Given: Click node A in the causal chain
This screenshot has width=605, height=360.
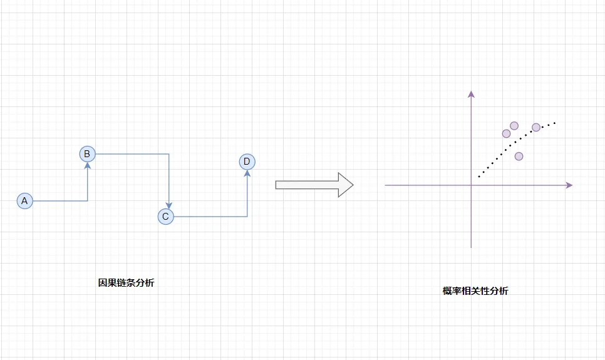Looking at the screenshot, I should click(24, 201).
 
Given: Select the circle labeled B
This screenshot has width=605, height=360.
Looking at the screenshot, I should click(87, 153).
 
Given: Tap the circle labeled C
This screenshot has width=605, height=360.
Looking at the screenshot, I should click(165, 217).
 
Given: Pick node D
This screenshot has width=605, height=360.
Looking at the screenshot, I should click(247, 162).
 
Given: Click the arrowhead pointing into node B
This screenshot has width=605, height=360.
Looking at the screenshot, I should click(87, 165).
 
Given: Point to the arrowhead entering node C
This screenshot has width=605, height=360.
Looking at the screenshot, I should click(169, 205).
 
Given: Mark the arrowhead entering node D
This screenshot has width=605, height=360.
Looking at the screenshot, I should click(247, 174).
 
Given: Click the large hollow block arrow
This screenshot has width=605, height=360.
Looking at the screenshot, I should click(314, 185).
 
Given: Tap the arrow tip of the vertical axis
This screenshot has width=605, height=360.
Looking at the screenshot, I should click(471, 94).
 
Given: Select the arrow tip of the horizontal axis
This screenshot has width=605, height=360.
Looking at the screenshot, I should click(569, 185).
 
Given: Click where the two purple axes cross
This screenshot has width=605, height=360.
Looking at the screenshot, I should click(471, 185).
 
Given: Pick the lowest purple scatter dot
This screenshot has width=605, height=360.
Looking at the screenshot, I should click(519, 156).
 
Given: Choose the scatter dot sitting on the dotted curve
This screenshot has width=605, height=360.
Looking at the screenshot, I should click(536, 127).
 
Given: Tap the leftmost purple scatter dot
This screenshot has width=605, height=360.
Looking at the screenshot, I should click(506, 133).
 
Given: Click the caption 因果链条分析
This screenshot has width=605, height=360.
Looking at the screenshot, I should click(126, 282).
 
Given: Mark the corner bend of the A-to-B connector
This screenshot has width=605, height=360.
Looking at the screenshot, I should click(87, 201).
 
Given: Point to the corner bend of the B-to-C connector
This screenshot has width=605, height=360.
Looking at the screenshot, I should click(169, 153).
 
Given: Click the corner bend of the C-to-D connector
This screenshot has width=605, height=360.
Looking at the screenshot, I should click(247, 217).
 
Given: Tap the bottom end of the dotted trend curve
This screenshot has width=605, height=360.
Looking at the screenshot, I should click(479, 177).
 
